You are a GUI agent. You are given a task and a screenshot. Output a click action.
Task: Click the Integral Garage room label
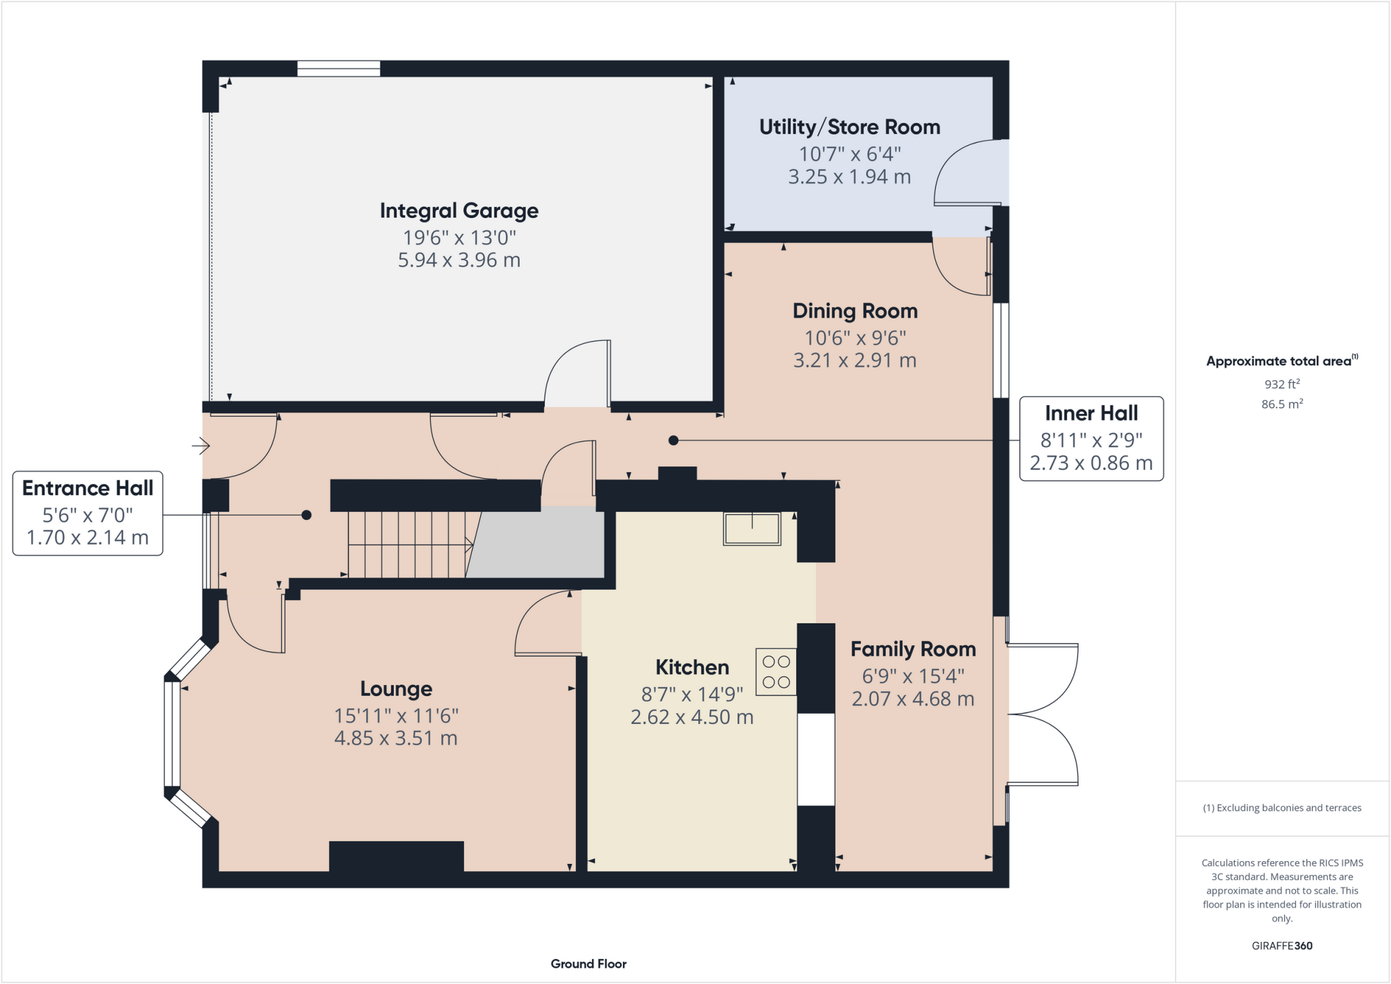pyautogui.click(x=459, y=211)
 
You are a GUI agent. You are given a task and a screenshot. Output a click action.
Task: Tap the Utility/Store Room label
pyautogui.click(x=850, y=128)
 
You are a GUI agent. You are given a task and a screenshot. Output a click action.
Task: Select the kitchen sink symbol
pyautogui.click(x=752, y=529)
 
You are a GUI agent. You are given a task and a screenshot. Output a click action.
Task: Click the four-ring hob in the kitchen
pyautogui.click(x=776, y=672)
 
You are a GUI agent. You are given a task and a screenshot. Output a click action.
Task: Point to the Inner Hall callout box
pyautogui.click(x=1091, y=439)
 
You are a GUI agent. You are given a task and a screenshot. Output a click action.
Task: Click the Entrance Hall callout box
pyautogui.click(x=88, y=513)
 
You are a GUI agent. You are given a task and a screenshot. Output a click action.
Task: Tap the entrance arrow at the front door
pyautogui.click(x=201, y=446)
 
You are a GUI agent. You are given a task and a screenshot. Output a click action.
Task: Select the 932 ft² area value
pyautogui.click(x=1282, y=384)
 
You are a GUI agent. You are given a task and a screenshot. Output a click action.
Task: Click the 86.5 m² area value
pyautogui.click(x=1282, y=404)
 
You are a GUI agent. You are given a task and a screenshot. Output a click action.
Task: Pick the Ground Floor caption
pyautogui.click(x=588, y=964)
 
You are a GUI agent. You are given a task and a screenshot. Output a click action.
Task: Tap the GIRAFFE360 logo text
pyautogui.click(x=1282, y=945)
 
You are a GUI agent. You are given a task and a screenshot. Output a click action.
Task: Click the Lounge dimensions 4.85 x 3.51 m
pyautogui.click(x=396, y=738)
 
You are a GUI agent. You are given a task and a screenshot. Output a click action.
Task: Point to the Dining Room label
pyautogui.click(x=855, y=311)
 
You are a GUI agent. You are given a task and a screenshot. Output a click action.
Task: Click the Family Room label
pyautogui.click(x=913, y=649)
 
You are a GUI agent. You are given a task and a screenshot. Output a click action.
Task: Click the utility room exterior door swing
pyautogui.click(x=968, y=173)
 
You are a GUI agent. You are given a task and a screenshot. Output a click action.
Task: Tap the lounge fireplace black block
pyautogui.click(x=396, y=856)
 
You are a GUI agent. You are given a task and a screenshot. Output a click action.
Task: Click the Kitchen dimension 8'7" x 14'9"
pyautogui.click(x=692, y=694)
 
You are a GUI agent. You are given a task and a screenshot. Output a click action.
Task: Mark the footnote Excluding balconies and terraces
pyautogui.click(x=1282, y=807)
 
